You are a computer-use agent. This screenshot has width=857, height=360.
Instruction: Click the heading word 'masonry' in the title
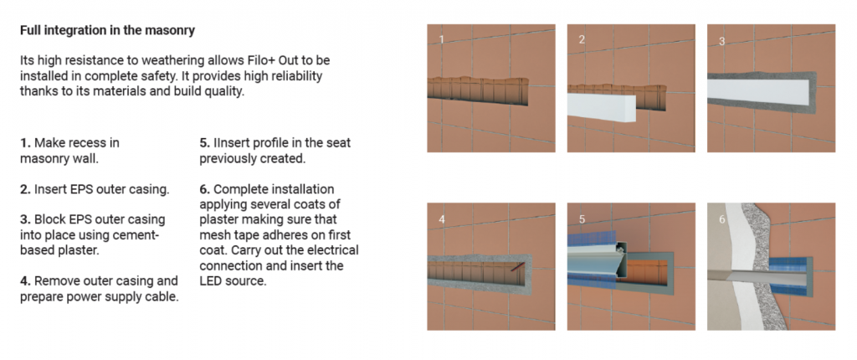pyautogui.click(x=170, y=31)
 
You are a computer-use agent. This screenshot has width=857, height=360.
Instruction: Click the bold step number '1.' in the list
pyautogui.click(x=25, y=143)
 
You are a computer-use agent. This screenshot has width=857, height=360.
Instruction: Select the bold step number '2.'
pyautogui.click(x=26, y=190)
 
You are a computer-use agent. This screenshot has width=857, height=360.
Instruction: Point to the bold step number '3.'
pyautogui.click(x=26, y=219)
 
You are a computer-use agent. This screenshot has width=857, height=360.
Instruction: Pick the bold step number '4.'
pyautogui.click(x=26, y=281)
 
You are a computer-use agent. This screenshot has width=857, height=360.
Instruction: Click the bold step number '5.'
pyautogui.click(x=205, y=143)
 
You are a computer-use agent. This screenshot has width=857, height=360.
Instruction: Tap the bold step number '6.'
pyautogui.click(x=205, y=189)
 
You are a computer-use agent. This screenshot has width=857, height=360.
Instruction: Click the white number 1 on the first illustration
pyautogui.click(x=442, y=39)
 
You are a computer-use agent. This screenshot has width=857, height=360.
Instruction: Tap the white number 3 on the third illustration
pyautogui.click(x=722, y=41)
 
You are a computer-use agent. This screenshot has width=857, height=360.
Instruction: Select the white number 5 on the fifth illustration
pyautogui.click(x=582, y=219)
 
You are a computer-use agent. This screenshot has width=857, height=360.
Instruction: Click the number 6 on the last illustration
pyautogui.click(x=722, y=219)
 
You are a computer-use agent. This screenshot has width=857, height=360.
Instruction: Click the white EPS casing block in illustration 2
pyautogui.click(x=602, y=107)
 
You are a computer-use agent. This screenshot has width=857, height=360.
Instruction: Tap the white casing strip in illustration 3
pyautogui.click(x=757, y=92)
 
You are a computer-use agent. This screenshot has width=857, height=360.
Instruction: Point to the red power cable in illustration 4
pyautogui.click(x=517, y=268)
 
